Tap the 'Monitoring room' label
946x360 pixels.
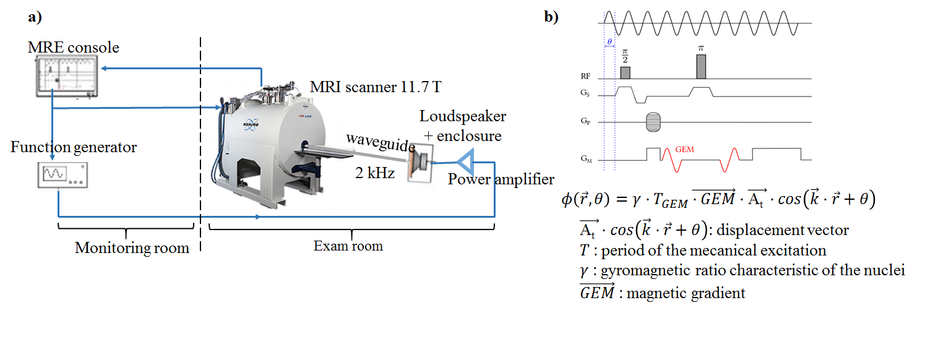coord(132,248)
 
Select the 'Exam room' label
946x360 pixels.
coord(348,246)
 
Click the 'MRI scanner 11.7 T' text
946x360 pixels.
coord(376,87)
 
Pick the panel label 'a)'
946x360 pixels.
coord(35,17)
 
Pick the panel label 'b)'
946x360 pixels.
coord(551,17)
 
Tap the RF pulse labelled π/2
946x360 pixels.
coord(625,72)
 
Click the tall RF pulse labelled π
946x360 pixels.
coord(700,66)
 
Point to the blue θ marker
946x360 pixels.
coord(609,41)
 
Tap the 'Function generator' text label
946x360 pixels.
coord(73,148)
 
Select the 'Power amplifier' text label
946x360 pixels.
coord(501,180)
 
